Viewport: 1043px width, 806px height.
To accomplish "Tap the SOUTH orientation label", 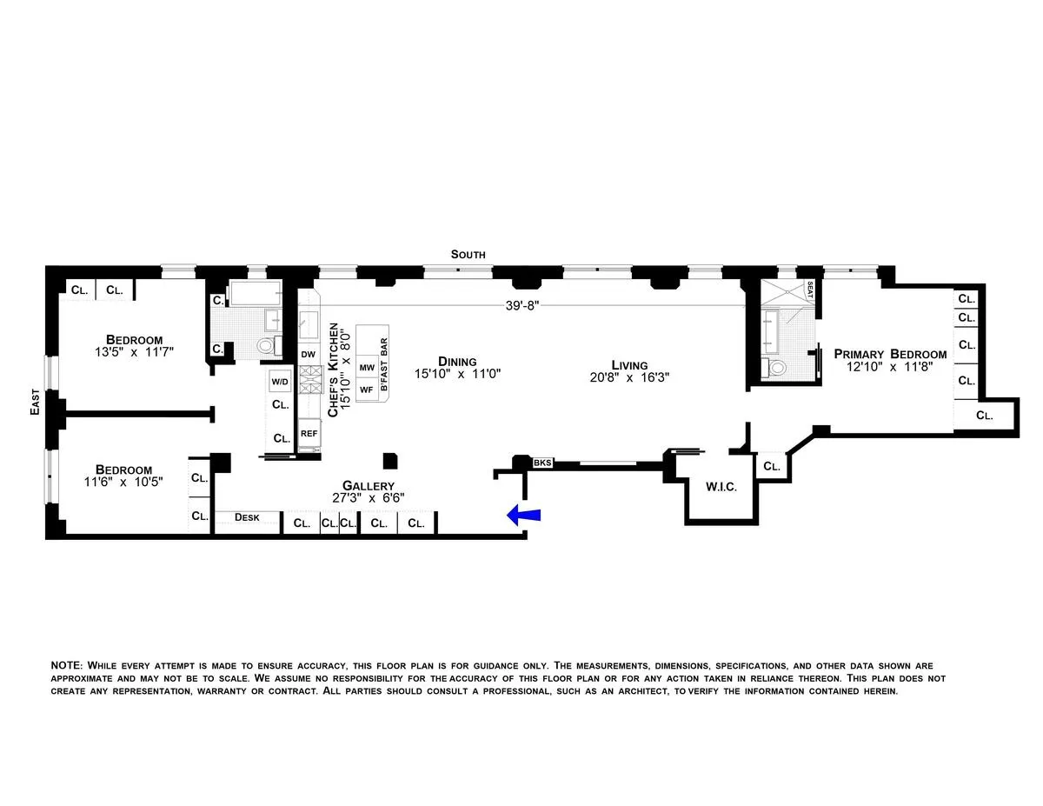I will (x=468, y=255).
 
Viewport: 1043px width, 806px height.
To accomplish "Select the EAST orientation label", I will (x=35, y=401).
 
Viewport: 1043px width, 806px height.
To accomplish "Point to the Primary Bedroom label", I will (x=890, y=354).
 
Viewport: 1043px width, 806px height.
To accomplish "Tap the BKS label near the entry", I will (x=542, y=463).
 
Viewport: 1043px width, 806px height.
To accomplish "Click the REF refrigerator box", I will (x=309, y=433).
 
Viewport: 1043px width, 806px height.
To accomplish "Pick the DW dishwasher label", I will (x=308, y=355).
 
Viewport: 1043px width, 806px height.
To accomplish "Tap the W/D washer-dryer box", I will (x=280, y=382).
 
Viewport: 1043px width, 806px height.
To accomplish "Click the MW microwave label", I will (x=367, y=368).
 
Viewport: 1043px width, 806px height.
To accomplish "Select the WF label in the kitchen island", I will (x=367, y=390).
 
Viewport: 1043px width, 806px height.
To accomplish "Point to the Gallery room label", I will (x=368, y=486).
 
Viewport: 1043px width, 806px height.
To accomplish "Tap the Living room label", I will (x=629, y=365).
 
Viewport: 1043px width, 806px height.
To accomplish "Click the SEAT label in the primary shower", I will (x=809, y=290).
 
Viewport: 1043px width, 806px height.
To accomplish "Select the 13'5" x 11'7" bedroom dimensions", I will (x=134, y=352).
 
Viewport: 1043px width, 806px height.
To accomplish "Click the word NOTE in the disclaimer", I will (x=66, y=665).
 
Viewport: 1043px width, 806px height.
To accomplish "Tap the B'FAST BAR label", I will (x=383, y=359).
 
